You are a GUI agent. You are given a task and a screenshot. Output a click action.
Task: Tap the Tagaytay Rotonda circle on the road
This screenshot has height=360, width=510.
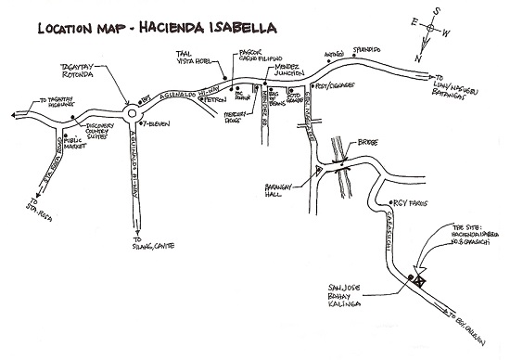(132, 114)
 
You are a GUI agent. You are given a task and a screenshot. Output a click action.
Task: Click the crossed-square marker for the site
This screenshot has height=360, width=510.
(419, 277)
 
